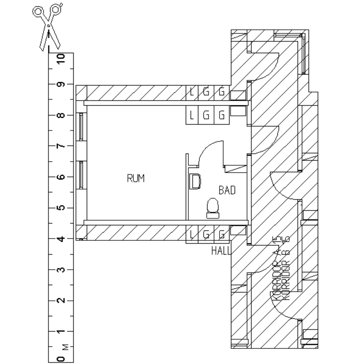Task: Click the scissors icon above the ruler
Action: tap(49, 27)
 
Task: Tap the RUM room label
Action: tap(136, 179)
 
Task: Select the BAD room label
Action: tap(227, 190)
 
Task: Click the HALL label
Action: tap(221, 251)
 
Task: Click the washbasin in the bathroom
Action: tap(195, 181)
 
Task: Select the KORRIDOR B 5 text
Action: tap(285, 270)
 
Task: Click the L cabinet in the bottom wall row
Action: tap(192, 234)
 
